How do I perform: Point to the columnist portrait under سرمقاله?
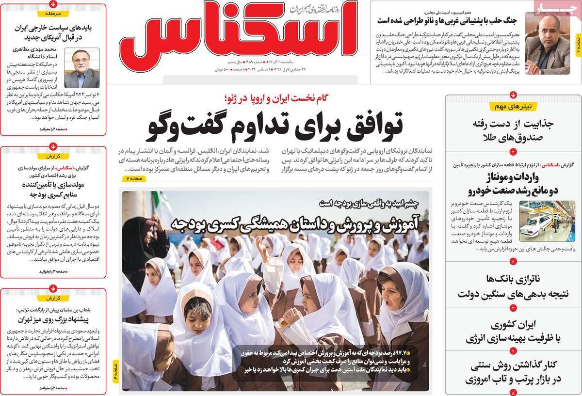coord(82,67)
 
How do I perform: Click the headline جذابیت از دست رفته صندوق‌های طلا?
coord(513,131)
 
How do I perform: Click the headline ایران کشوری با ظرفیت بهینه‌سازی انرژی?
coord(513,332)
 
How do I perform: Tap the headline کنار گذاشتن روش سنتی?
coord(513,372)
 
